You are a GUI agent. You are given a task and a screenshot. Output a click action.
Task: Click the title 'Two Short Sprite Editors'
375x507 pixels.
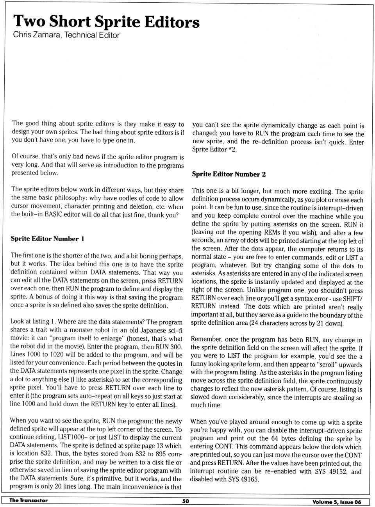[x=106, y=21]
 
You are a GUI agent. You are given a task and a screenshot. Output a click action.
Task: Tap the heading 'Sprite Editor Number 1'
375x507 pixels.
[x=47, y=238]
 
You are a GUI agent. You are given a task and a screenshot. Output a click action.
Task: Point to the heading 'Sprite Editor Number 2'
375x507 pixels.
[x=229, y=174]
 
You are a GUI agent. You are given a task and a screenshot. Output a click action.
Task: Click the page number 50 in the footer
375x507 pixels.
[x=186, y=501]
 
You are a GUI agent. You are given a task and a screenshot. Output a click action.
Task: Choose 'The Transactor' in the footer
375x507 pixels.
[x=29, y=500]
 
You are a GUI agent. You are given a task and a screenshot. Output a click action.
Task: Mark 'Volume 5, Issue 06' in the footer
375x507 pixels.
[x=337, y=502]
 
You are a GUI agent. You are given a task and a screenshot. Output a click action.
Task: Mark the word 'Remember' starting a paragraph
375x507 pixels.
[x=206, y=340]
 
